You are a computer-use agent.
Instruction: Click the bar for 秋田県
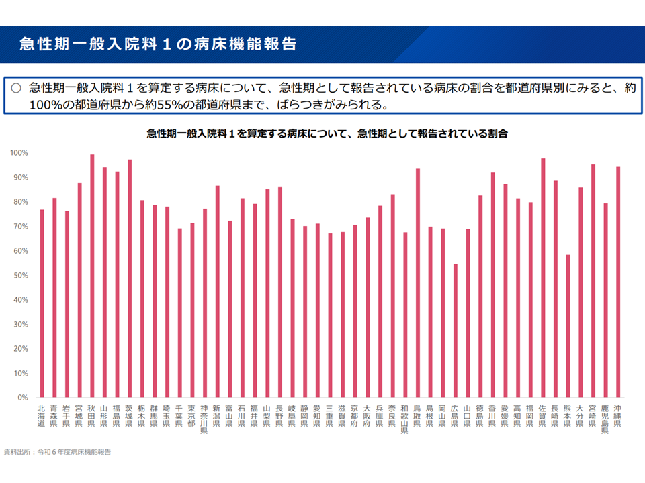click(92, 276)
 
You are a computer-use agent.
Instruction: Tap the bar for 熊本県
click(568, 326)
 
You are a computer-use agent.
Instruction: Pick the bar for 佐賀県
click(543, 278)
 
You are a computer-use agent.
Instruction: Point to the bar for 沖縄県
click(618, 282)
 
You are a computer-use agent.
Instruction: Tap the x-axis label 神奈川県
click(204, 419)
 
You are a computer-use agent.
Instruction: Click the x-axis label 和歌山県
click(405, 419)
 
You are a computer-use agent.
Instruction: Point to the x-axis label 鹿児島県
click(605, 419)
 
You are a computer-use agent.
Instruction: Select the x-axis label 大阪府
click(368, 415)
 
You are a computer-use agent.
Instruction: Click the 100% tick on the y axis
click(19, 153)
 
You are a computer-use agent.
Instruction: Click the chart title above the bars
click(327, 134)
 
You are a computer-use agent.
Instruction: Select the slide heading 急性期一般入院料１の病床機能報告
click(159, 44)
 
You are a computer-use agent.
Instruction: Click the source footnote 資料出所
click(57, 452)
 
